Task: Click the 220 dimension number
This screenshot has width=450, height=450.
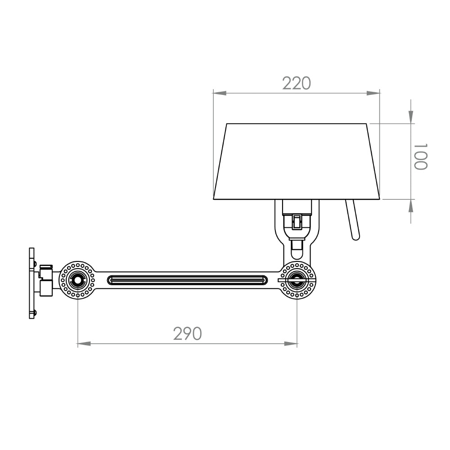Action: (297, 83)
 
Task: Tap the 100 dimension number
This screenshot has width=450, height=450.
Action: (421, 157)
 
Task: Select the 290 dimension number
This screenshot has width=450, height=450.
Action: (187, 333)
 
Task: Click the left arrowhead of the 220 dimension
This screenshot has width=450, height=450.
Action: (220, 93)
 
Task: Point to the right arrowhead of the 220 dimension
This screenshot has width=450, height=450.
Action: (373, 93)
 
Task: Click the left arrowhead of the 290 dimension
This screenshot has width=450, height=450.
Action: (84, 343)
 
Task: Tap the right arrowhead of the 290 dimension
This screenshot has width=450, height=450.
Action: (291, 343)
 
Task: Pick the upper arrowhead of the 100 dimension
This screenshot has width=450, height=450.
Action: (411, 117)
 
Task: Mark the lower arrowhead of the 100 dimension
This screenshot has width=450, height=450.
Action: (411, 206)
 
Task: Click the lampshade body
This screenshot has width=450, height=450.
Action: (297, 162)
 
